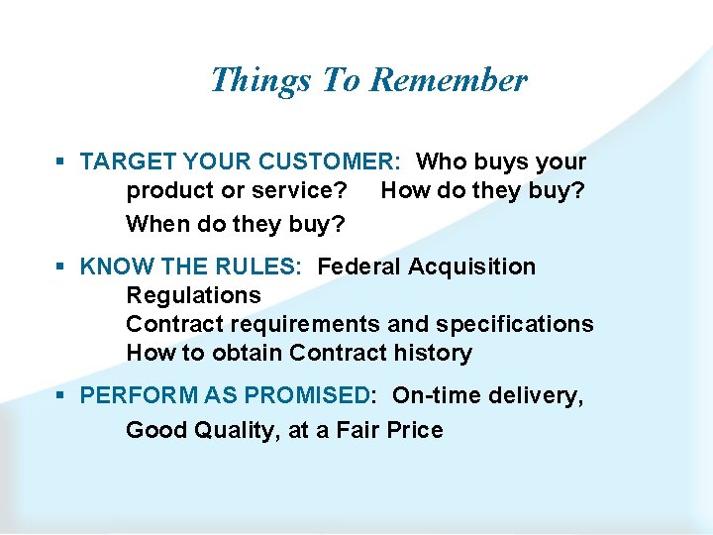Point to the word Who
pyautogui.click(x=443, y=161)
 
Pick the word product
pyautogui.click(x=169, y=190)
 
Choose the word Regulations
pyautogui.click(x=193, y=295)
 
